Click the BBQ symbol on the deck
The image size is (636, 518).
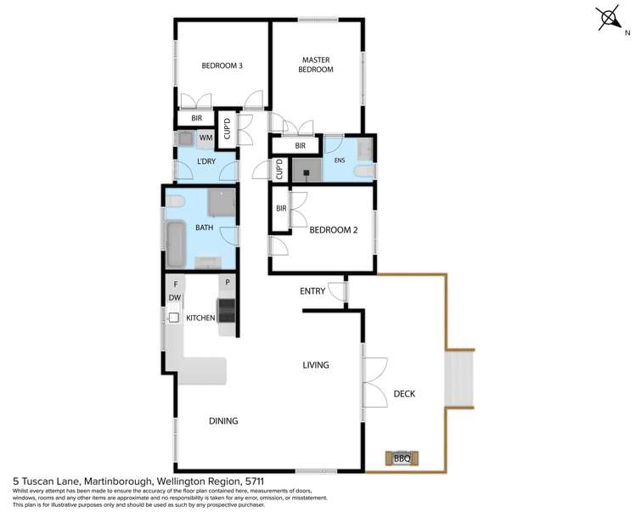(x=402, y=459)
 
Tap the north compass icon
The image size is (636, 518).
(x=610, y=19)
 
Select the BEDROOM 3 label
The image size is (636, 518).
(x=222, y=65)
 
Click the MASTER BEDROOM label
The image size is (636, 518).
(x=315, y=65)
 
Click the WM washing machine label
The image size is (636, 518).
(x=205, y=138)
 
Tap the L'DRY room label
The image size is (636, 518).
(x=209, y=161)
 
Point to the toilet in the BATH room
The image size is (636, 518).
(x=176, y=202)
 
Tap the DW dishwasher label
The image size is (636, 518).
(x=174, y=298)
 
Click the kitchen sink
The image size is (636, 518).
(x=173, y=318)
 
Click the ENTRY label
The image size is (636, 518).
(x=312, y=291)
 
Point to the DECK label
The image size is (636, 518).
(x=404, y=393)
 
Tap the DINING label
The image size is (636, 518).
(x=222, y=420)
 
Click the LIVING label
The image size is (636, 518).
(x=316, y=365)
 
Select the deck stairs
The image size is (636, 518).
(x=459, y=380)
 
